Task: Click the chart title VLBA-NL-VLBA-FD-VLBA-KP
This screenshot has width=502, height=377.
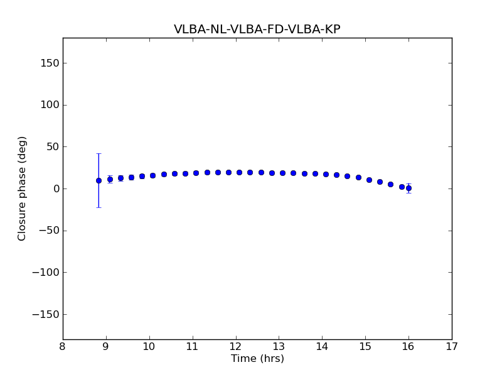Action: coord(257,30)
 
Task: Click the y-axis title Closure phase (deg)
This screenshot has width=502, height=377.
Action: coord(23,188)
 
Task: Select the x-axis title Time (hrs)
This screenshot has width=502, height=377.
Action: coord(257,359)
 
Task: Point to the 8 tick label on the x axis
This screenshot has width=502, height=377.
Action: coord(63,346)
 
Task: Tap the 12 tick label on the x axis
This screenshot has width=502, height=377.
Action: coord(235,346)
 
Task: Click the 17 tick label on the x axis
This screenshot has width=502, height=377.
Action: coord(452,346)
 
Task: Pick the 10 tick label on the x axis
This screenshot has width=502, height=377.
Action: coord(149,346)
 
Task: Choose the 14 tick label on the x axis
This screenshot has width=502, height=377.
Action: coord(322,346)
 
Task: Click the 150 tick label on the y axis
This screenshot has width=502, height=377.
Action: coord(50,63)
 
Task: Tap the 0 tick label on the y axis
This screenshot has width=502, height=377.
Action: coord(56,188)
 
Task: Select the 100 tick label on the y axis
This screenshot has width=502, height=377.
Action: coord(50,105)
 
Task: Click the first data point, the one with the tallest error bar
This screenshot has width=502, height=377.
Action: coord(99,180)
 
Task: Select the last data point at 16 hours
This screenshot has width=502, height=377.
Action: coord(409,188)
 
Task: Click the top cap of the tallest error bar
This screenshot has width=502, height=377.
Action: coord(99,153)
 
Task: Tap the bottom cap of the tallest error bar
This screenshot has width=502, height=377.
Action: coord(99,207)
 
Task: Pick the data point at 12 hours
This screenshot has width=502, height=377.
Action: coord(239,172)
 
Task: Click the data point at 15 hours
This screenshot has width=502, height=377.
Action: coord(369,180)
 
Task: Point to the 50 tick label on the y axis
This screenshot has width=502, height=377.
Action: coord(53,146)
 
